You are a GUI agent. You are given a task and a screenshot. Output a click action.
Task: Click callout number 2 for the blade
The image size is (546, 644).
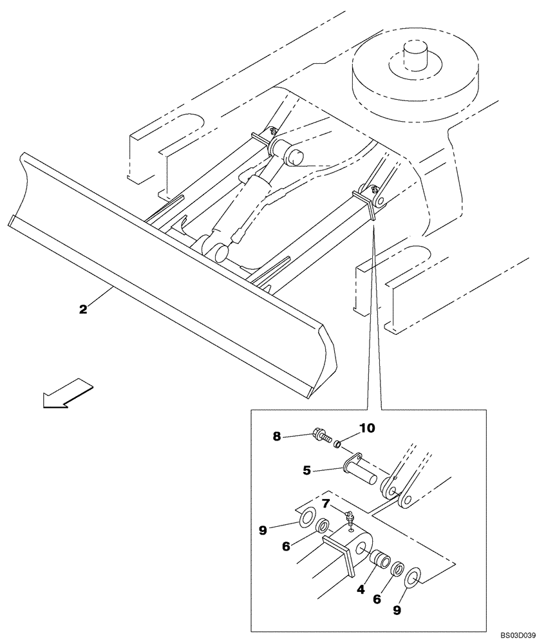pos(83,309)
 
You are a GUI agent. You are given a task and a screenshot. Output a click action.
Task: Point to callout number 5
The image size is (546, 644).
pos(308,471)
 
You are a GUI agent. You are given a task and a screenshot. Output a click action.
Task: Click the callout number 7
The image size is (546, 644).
pos(326,502)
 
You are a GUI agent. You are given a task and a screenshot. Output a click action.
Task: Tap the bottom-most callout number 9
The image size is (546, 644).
pos(397,609)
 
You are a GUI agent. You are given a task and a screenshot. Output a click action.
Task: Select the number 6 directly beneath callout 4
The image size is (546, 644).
pos(377,598)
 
